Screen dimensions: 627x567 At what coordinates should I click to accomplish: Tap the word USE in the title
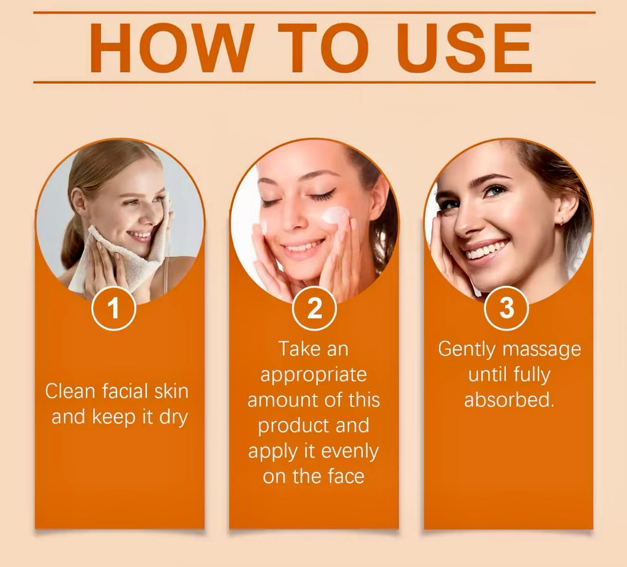(465, 48)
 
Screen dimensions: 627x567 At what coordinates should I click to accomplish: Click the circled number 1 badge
(113, 308)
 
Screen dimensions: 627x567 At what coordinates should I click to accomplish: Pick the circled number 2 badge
(314, 308)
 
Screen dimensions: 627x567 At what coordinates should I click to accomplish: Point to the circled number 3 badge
(506, 308)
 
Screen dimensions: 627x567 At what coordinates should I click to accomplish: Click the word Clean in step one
(70, 391)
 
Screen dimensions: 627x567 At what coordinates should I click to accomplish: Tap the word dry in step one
(173, 418)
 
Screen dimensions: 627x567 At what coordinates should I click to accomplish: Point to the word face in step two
(346, 476)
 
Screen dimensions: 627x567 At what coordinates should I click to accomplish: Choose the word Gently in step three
(467, 350)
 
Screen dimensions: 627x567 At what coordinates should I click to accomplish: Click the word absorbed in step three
(509, 399)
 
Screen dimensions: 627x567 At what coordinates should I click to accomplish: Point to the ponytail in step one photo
(72, 240)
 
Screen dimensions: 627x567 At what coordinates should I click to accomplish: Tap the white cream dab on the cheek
(335, 215)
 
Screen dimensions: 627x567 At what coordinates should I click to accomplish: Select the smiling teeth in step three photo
(485, 250)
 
